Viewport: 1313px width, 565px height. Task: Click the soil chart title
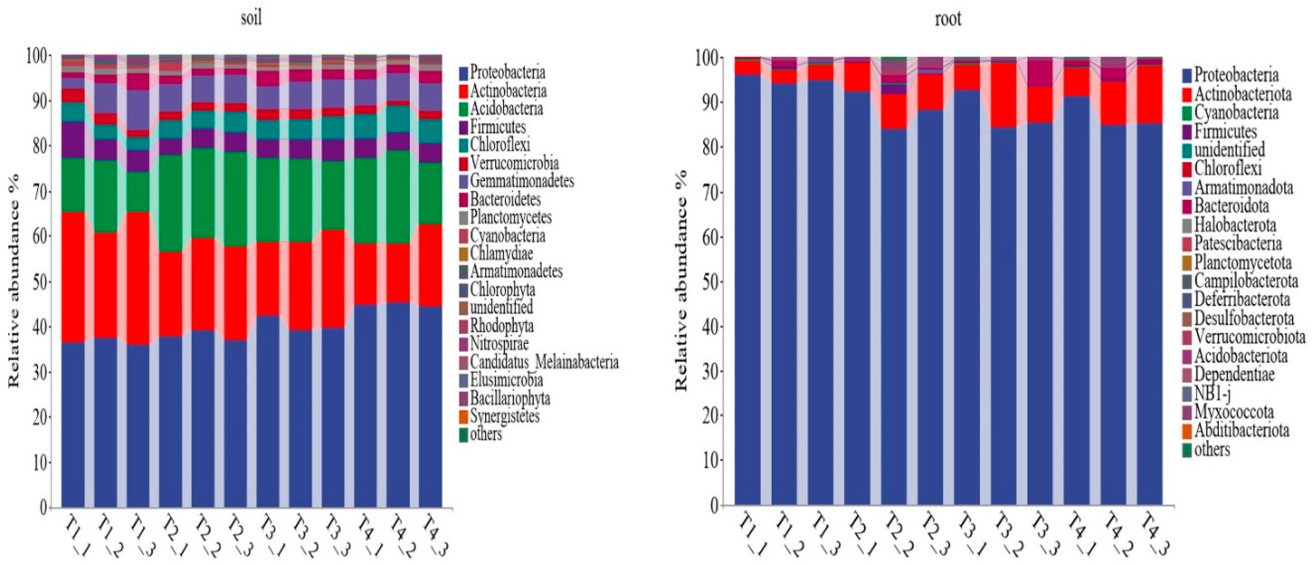[x=251, y=18]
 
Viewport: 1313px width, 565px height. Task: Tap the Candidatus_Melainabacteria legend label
[x=544, y=362]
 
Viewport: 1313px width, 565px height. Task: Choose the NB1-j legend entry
[x=1213, y=393]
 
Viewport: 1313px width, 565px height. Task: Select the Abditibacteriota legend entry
[x=1241, y=430]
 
